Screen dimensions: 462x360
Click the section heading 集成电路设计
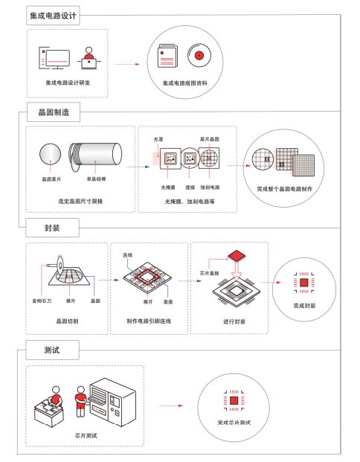(53, 14)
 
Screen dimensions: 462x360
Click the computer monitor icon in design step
(54, 57)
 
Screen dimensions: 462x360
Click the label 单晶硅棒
(97, 179)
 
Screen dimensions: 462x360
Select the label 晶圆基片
(51, 179)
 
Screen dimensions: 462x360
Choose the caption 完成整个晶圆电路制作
(284, 189)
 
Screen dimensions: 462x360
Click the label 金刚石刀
(42, 301)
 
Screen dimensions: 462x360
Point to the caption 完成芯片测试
(234, 422)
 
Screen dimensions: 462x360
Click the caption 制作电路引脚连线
(149, 321)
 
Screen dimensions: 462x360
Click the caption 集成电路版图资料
(185, 83)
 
